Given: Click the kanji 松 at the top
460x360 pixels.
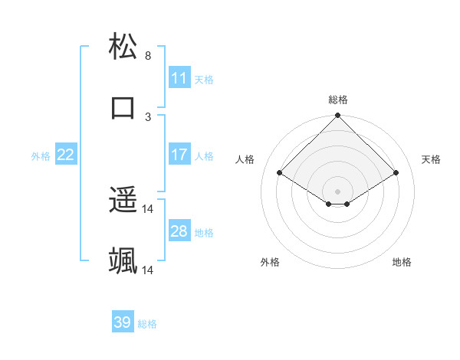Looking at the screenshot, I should [x=123, y=47].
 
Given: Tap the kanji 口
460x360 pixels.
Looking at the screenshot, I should [x=123, y=106].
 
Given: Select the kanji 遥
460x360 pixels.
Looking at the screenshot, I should [x=123, y=201].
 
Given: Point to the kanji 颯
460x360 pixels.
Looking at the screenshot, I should [x=123, y=260].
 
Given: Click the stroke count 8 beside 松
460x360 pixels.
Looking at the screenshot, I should [x=148, y=56].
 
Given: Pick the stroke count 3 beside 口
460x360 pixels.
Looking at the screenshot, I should [x=148, y=116].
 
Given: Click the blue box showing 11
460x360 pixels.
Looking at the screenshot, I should [x=179, y=78].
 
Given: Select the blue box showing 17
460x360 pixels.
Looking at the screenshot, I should [x=179, y=155].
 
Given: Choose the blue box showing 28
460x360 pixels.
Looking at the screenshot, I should [x=179, y=231].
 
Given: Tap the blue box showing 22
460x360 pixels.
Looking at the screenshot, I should [x=66, y=155].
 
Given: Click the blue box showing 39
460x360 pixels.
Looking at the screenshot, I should [x=123, y=322].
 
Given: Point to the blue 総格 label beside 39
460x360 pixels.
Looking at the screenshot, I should [x=147, y=324].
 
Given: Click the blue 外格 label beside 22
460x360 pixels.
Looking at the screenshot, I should [x=41, y=156].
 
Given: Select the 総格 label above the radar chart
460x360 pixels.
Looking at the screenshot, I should [x=337, y=100].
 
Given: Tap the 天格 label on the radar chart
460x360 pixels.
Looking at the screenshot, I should [x=432, y=159].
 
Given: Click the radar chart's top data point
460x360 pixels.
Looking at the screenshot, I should [x=337, y=116].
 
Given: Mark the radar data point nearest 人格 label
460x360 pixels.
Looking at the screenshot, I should [x=279, y=173].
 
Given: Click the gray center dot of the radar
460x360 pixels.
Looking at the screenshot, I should [x=337, y=191].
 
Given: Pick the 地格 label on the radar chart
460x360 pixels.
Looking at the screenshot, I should [x=402, y=263].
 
